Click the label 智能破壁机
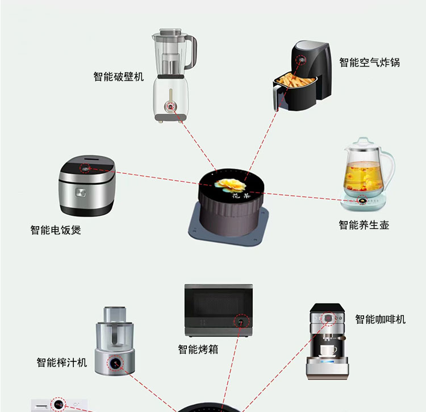tap(119, 77)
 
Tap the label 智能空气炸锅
tap(370, 63)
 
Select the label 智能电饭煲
tap(56, 230)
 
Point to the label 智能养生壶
tap(364, 225)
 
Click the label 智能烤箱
tap(198, 349)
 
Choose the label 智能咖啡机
tap(381, 319)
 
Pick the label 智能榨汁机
tap(62, 362)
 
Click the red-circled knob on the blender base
tap(170, 107)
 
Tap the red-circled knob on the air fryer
tap(300, 60)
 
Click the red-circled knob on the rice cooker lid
tap(85, 169)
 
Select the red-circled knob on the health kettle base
tap(362, 201)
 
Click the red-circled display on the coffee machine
tap(328, 318)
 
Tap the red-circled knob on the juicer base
tap(115, 363)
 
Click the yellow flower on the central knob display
tap(231, 185)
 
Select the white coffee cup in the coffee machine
tap(328, 350)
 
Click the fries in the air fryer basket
tap(295, 80)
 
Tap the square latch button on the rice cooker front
tap(81, 193)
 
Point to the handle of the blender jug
tap(191, 52)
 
